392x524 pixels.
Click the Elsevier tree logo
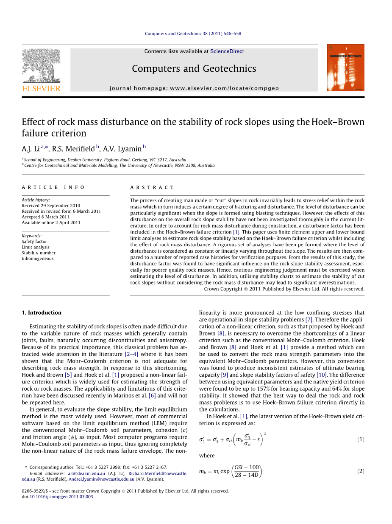pos(41,65)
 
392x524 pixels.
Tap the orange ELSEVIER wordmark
pos(41,88)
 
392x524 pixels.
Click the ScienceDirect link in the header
pos(227,51)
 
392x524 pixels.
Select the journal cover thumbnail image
pos(345,68)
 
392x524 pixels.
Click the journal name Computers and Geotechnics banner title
pos(194,69)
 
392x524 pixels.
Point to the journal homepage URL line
pos(194,88)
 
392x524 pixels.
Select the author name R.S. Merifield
pos(73,149)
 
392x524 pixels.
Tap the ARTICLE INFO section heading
pos(53,187)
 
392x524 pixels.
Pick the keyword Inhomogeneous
pos(38,259)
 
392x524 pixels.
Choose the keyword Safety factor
pos(34,242)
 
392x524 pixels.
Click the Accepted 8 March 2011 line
pos(46,217)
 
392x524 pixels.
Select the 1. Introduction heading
pos(42,313)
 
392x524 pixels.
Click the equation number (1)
pos(360,439)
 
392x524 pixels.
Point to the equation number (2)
pos(360,471)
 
